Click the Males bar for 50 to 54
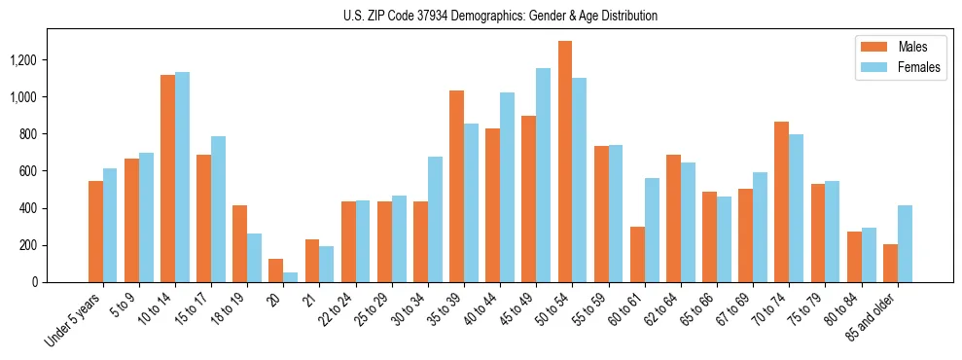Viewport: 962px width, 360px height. tap(565, 162)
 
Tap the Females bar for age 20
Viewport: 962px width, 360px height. tap(291, 277)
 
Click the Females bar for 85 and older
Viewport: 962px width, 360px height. tap(905, 243)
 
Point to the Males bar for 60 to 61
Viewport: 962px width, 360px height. tap(637, 254)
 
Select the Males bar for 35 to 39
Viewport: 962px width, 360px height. tap(456, 186)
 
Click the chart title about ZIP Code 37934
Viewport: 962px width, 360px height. tap(500, 16)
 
